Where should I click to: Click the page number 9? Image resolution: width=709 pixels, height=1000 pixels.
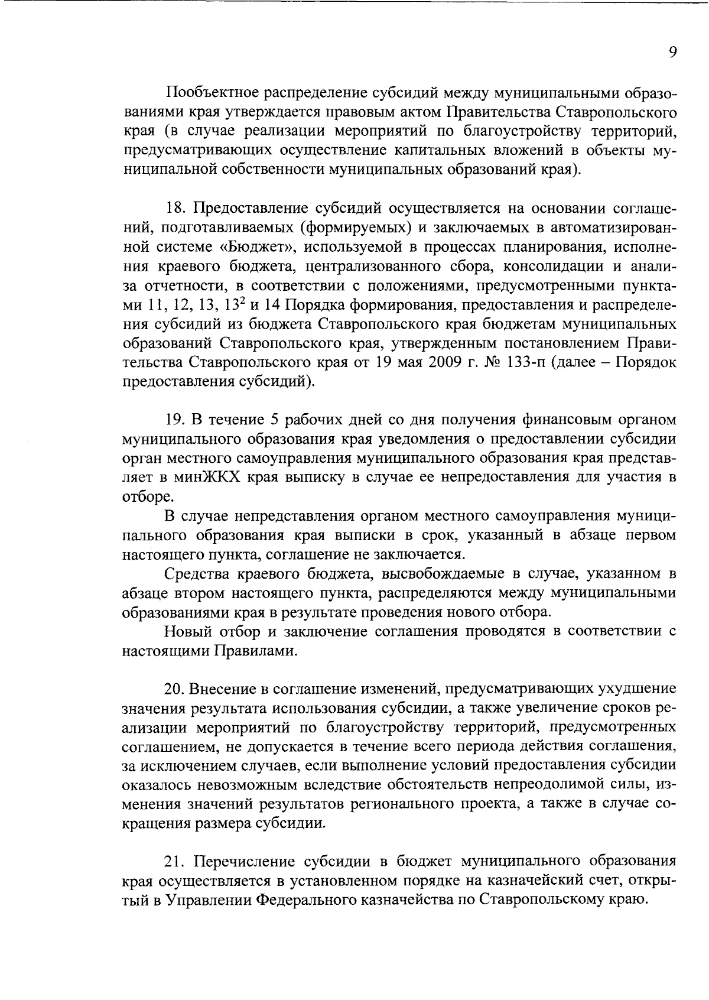click(x=672, y=52)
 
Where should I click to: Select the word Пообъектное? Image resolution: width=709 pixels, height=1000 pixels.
click(x=210, y=93)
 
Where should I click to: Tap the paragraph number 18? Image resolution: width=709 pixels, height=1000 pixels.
click(x=175, y=209)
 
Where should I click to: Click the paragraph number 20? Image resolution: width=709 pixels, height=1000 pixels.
click(x=175, y=689)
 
